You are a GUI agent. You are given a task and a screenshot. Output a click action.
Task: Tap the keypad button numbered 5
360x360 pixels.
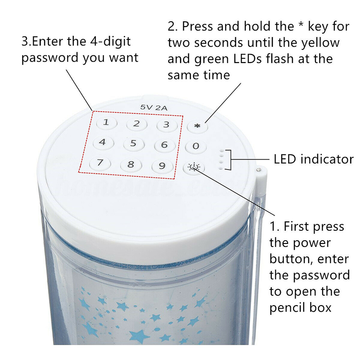pos(134,144)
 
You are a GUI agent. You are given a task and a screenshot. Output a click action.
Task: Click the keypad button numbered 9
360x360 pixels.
pos(162,166)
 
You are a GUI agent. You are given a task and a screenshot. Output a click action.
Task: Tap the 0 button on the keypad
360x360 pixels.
pos(196,146)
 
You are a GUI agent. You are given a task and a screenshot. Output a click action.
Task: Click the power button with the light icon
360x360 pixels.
pos(194,167)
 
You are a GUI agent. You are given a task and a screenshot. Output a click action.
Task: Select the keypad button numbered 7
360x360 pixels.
pos(100,163)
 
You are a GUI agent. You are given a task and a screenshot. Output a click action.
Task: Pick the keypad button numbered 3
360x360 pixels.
pos(167,125)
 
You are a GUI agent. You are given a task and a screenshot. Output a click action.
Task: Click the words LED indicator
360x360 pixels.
pos(314,159)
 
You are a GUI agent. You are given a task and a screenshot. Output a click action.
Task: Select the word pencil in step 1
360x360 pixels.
pos(288,308)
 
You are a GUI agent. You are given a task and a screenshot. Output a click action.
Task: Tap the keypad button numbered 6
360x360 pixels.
pos(165,145)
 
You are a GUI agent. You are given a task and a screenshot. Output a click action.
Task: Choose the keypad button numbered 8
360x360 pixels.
pos(131,164)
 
